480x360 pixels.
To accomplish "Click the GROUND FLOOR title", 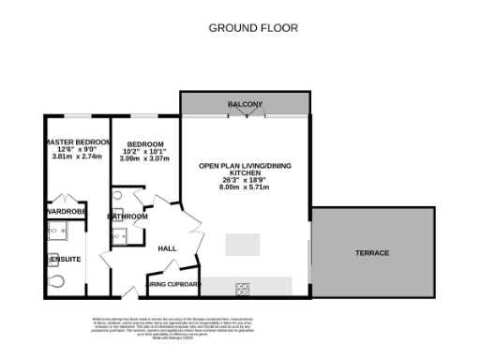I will pyautogui.click(x=253, y=28).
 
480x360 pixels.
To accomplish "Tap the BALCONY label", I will pyautogui.click(x=245, y=103).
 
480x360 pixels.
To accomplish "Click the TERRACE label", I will pyautogui.click(x=371, y=253).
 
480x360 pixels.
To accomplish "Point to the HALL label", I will pyautogui.click(x=167, y=248).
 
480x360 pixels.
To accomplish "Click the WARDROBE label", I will pyautogui.click(x=64, y=212).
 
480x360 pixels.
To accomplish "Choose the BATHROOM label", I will pyautogui.click(x=127, y=217).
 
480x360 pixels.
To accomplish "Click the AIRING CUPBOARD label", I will pyautogui.click(x=173, y=283).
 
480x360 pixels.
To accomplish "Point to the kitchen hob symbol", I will pyautogui.click(x=242, y=287).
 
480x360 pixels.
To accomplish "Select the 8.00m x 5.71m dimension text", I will pyautogui.click(x=245, y=187).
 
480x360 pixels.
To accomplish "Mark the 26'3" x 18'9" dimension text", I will pyautogui.click(x=245, y=180).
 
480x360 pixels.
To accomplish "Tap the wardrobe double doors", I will pyautogui.click(x=64, y=199).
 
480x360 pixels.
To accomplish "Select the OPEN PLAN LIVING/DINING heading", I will pyautogui.click(x=245, y=165).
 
